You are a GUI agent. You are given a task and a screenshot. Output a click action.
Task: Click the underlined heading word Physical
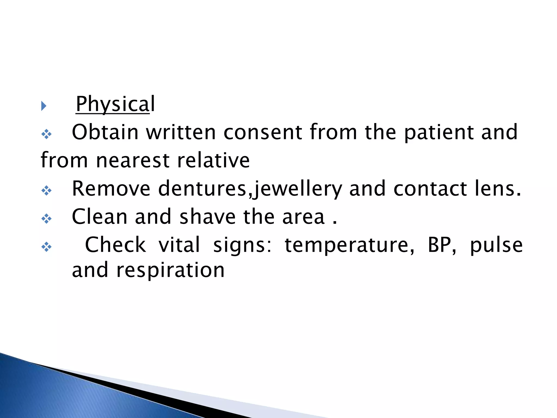[115, 104]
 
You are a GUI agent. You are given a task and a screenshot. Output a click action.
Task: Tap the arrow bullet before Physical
[44, 106]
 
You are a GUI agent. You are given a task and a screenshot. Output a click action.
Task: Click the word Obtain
[105, 132]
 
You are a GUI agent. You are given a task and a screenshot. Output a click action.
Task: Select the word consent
[262, 132]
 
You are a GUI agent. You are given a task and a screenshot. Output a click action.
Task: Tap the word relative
[213, 160]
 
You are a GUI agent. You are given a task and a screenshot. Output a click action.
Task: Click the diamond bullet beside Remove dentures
[47, 190]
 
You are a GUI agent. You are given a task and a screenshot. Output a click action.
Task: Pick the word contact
[430, 189]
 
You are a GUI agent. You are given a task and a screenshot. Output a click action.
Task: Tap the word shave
[208, 217]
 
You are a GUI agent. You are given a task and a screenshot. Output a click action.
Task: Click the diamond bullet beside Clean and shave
[47, 219]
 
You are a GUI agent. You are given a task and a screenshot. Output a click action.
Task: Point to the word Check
[115, 245]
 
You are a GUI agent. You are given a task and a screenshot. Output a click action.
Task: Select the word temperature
[349, 245]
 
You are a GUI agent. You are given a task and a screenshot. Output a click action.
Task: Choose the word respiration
[170, 270]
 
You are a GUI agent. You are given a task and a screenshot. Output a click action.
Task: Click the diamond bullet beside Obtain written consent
[47, 134]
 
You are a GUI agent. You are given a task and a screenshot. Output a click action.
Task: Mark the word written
[181, 132]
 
